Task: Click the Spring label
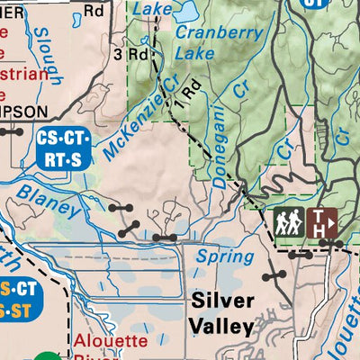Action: [x=219, y=256]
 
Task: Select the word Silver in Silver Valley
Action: [x=221, y=301]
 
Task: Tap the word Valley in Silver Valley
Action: [x=221, y=325]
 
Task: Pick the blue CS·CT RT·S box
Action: [x=63, y=148]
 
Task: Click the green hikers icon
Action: [x=289, y=220]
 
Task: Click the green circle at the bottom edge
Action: [x=51, y=356]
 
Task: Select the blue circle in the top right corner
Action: [x=311, y=3]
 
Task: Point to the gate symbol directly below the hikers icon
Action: [x=300, y=255]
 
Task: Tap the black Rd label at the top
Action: [x=94, y=12]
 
